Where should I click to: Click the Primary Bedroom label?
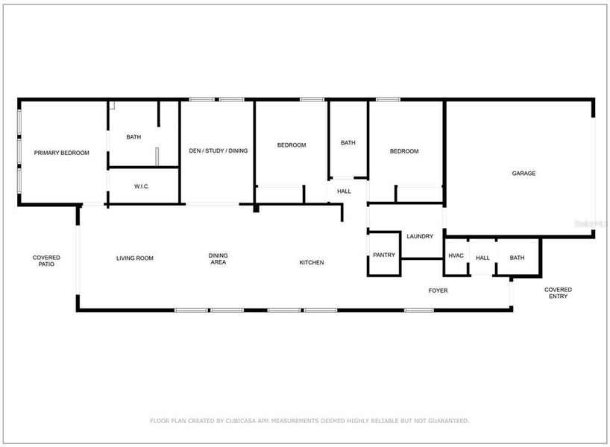[x=62, y=153]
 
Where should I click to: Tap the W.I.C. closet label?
[x=142, y=186]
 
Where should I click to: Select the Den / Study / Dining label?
[x=218, y=150]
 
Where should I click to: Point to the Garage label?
[x=523, y=174]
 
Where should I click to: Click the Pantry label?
[x=384, y=255]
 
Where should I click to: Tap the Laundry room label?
[x=420, y=236]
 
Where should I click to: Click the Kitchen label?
[x=312, y=262]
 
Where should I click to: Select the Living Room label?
[x=134, y=259]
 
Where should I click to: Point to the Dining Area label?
[x=218, y=259]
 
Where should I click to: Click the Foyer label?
[x=438, y=290]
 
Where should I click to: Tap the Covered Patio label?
[x=46, y=261]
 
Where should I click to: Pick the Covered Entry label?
[x=558, y=293]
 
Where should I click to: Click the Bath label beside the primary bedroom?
[x=133, y=137]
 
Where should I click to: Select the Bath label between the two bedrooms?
[x=348, y=143]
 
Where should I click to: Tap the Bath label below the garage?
[x=517, y=258]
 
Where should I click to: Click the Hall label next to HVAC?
[x=482, y=258]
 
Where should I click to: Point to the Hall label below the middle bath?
[x=344, y=191]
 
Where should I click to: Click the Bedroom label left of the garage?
[x=404, y=151]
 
